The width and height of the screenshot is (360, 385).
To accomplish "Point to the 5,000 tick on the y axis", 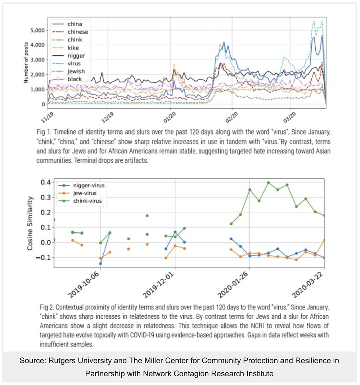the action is click(x=37, y=31).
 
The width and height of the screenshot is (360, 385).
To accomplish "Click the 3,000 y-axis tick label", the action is click(x=37, y=60).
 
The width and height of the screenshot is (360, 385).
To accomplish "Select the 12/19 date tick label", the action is click(x=107, y=117).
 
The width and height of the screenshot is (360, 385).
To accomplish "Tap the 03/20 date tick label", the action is click(x=289, y=117).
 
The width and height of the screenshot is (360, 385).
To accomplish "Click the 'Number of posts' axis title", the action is click(x=26, y=63).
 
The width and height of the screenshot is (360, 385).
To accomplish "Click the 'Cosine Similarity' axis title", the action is click(x=30, y=223).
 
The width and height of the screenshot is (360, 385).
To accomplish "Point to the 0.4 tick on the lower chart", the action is click(x=46, y=182).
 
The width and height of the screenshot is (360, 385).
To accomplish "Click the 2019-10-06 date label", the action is click(x=84, y=285).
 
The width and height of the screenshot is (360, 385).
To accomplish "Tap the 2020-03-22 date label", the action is click(x=307, y=285).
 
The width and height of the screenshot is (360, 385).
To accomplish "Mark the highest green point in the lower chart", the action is click(x=268, y=183).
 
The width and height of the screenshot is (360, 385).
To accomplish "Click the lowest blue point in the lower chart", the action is click(x=100, y=264).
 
